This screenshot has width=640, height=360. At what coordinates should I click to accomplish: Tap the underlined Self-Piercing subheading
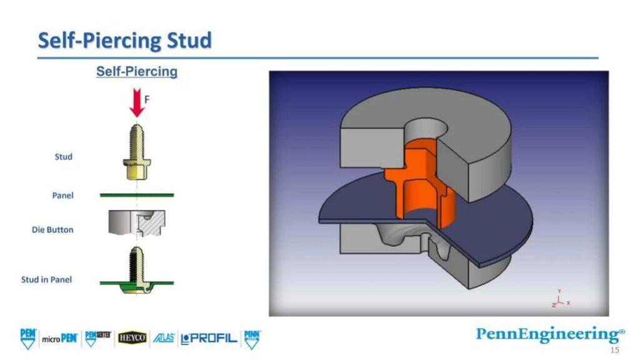[136, 71]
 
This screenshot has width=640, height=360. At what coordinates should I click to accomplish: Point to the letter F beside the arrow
[147, 99]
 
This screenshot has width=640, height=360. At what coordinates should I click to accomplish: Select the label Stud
[63, 156]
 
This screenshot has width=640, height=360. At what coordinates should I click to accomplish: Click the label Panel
[62, 196]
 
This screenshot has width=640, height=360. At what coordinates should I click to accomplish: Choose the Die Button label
[52, 229]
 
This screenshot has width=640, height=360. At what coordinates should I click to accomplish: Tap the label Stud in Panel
[46, 279]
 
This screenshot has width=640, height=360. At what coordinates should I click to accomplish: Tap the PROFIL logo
[209, 338]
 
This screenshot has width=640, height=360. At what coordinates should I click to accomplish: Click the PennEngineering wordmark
[549, 334]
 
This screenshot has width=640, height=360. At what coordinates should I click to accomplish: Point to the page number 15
[615, 351]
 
